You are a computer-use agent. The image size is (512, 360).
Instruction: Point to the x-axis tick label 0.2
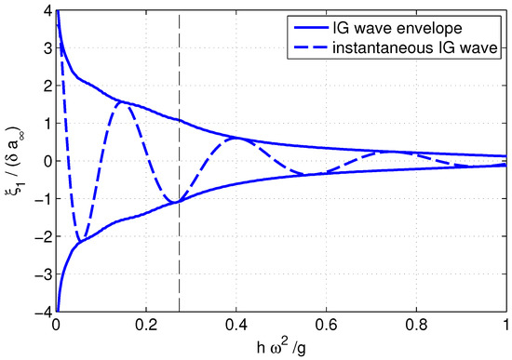[145, 327]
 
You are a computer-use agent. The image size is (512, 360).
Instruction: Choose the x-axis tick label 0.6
[326, 327]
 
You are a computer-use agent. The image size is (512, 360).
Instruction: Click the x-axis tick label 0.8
[415, 327]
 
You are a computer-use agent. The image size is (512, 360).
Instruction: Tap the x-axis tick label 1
[505, 327]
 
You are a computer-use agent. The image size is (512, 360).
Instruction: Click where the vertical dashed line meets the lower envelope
[179, 202]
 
